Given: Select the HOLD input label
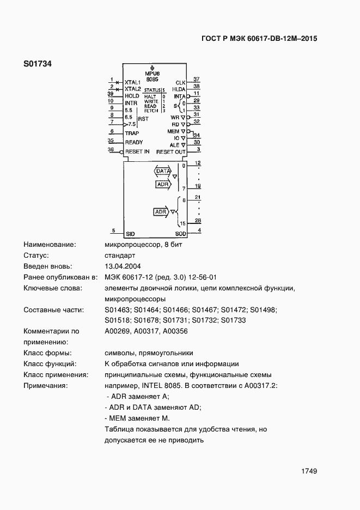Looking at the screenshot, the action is coord(132,96).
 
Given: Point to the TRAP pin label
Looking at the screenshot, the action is coord(132,133).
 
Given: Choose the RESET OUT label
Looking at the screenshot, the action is coord(171,152).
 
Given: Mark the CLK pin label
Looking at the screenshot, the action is coord(180,82).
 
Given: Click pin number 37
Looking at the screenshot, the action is coord(197,80).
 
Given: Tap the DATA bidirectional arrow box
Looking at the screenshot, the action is coord(163,171).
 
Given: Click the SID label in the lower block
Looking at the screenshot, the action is coord(130,234).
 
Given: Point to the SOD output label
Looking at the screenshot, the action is coord(181,234).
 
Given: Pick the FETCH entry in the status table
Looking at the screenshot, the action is coord(151,111).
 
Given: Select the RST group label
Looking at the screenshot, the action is coord(143,118).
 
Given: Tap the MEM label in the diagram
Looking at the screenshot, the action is coord(173,131).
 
